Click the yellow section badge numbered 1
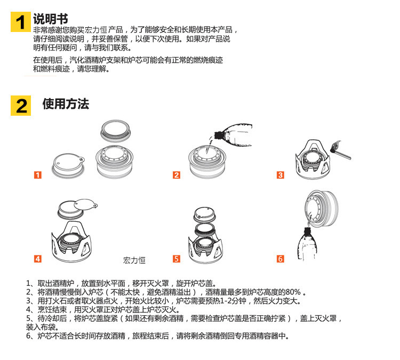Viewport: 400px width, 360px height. click(x=21, y=22)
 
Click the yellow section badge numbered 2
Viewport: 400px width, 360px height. click(x=21, y=106)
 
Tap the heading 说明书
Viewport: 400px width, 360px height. click(x=50, y=19)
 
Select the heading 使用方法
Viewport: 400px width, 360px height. click(x=66, y=104)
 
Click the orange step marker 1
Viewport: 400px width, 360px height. click(x=38, y=175)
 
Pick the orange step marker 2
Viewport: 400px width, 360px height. click(x=177, y=175)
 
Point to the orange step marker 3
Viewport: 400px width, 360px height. click(x=281, y=175)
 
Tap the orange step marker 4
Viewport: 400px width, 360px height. click(x=38, y=259)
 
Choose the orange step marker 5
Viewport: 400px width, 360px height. click(x=177, y=259)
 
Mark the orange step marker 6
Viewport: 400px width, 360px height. click(x=281, y=259)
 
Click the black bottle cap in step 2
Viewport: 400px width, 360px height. click(x=218, y=135)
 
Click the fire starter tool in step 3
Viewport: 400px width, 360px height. click(x=341, y=150)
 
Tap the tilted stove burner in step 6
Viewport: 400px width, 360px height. click(x=322, y=208)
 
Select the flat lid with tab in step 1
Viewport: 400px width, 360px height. click(x=68, y=165)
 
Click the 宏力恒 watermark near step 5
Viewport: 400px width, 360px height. click(x=134, y=260)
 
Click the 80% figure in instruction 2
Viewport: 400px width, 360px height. click(x=293, y=292)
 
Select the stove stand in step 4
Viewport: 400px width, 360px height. click(x=72, y=242)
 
